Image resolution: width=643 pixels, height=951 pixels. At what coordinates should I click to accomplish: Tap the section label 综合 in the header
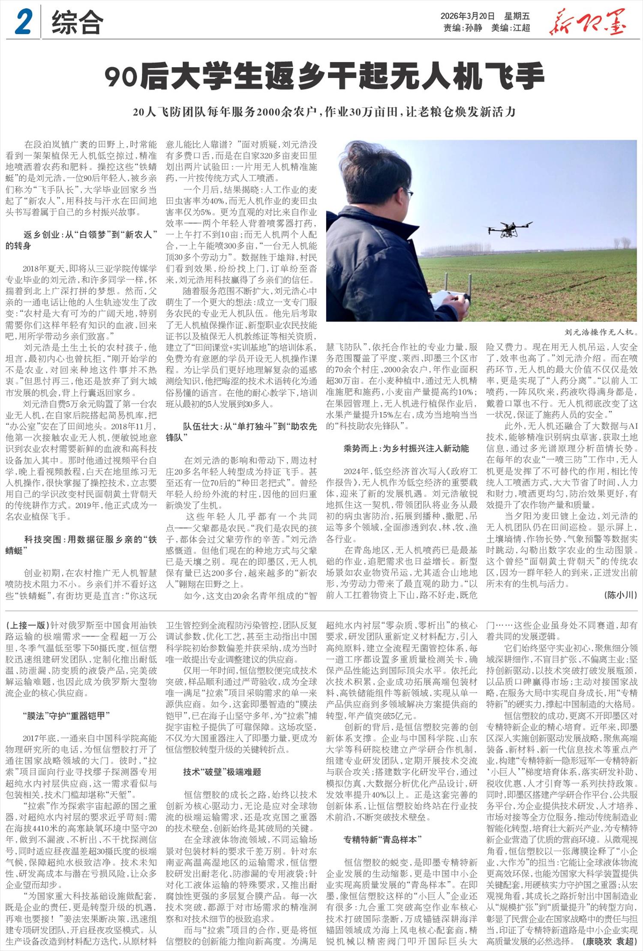coord(77,22)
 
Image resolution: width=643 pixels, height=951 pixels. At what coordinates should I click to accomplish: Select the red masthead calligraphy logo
coord(587,22)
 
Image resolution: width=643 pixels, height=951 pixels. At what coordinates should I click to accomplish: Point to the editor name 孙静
coord(473,28)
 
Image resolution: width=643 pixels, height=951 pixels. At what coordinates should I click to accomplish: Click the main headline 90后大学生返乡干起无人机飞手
coord(325,76)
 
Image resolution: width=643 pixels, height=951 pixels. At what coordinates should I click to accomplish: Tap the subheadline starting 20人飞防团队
coord(324,112)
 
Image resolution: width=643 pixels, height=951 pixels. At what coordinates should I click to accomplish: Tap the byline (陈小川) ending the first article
coord(620,595)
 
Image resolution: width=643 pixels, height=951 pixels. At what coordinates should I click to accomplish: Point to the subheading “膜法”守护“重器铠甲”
coord(66,715)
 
